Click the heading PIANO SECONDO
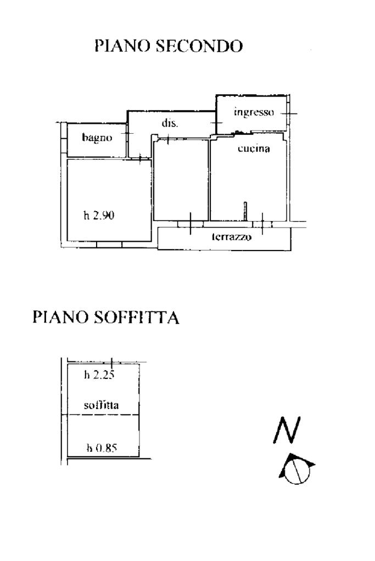click(x=169, y=46)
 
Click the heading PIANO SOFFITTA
click(x=105, y=317)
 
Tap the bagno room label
click(x=97, y=138)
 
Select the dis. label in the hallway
click(x=170, y=123)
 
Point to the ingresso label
click(x=254, y=112)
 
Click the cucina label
click(x=254, y=148)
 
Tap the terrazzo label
click(x=232, y=236)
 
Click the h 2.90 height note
click(x=99, y=216)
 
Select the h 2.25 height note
click(x=99, y=375)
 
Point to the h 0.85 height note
click(x=102, y=447)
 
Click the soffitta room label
click(x=102, y=405)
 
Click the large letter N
click(x=287, y=430)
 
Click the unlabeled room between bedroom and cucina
click(x=181, y=180)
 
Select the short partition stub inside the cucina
click(x=245, y=211)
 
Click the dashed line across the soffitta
click(x=103, y=415)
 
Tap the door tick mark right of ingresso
click(x=289, y=114)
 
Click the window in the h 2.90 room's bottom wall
click(x=109, y=245)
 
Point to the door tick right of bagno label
click(x=127, y=133)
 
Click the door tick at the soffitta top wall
click(x=112, y=362)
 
